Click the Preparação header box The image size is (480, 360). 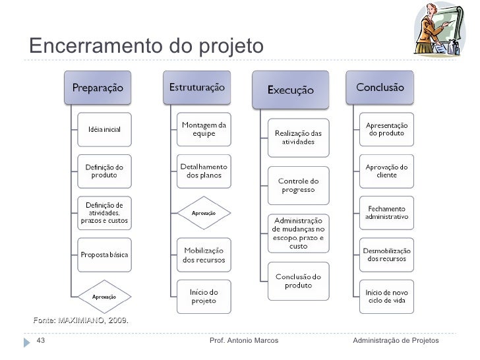tap(97, 87)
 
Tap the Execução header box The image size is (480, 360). tap(291, 90)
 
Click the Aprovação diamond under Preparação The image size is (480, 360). tap(104, 296)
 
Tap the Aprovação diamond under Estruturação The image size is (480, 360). tap(204, 213)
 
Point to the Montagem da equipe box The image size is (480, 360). tap(204, 129)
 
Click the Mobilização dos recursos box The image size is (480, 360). tap(204, 255)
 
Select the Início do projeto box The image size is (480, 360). tap(204, 296)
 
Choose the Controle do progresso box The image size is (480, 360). tap(298, 185)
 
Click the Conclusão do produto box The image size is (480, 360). tap(298, 281)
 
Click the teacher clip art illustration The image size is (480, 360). tap(438, 32)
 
